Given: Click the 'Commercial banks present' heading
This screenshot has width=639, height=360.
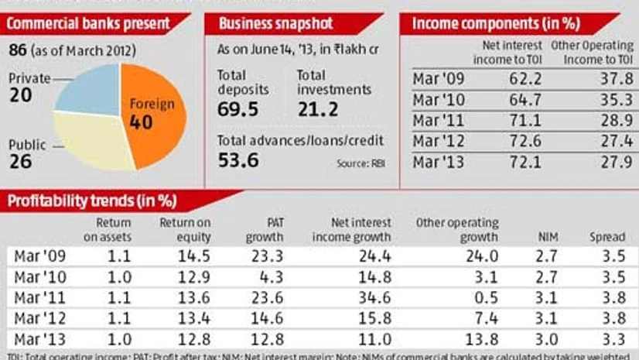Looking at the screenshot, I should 88,23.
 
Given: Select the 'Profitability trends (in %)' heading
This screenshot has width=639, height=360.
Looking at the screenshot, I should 92,202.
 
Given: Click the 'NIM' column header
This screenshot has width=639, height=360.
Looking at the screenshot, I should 546,237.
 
